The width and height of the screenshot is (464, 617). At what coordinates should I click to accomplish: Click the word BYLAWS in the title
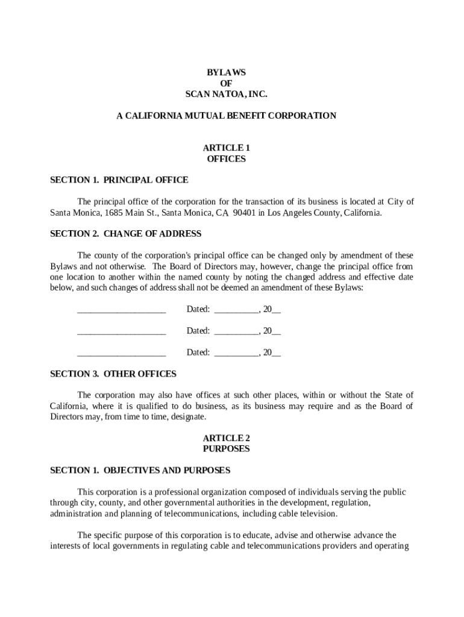226,72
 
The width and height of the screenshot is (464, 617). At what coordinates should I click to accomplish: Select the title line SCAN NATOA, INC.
226,94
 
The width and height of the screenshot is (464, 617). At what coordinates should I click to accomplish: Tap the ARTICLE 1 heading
226,148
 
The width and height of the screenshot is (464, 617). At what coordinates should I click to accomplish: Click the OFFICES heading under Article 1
226,159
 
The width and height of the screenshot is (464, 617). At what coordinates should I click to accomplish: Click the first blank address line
121,310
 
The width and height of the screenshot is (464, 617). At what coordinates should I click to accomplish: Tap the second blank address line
121,331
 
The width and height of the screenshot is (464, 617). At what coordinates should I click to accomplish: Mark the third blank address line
121,352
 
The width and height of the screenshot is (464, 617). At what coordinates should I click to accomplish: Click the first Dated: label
198,309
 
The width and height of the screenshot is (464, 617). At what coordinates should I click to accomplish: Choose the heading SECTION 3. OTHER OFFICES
113,374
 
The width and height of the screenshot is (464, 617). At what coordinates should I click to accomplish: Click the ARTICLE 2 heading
226,438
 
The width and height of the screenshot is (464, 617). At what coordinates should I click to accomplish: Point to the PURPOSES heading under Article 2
226,449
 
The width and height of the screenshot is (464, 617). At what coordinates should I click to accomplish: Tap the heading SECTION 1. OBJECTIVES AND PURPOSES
140,470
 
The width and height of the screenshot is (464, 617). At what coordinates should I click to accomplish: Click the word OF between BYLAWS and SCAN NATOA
226,83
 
